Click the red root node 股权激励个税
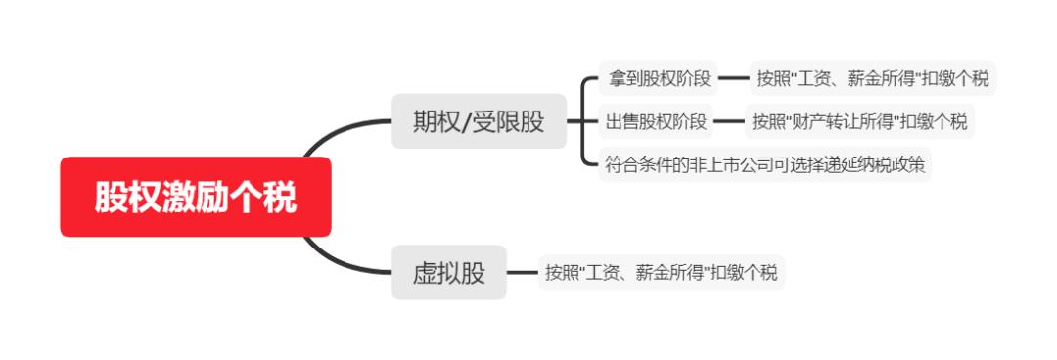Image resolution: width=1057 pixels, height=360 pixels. [196, 197]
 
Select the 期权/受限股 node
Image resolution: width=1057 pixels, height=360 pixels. [479, 121]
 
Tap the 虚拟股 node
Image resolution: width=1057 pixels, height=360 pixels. [448, 272]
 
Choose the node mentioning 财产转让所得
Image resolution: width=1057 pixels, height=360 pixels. [859, 121]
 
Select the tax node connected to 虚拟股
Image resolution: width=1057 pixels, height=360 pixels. [662, 272]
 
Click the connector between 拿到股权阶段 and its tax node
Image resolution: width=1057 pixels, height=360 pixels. [733, 77]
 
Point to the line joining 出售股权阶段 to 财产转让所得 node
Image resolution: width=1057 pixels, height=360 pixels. [729, 121]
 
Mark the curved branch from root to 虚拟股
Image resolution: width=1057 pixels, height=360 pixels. [338, 256]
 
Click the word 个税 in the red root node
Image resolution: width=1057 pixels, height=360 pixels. [271, 197]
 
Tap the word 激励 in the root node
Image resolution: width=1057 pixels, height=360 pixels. [196, 197]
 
